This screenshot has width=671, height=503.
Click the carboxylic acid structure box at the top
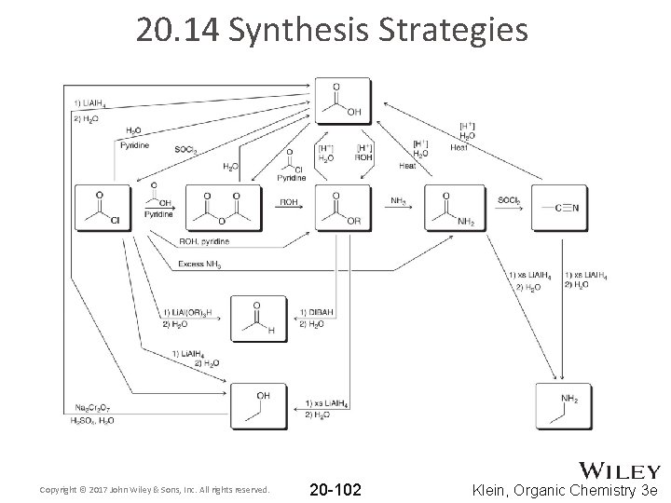click(343, 102)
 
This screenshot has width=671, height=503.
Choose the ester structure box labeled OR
click(343, 208)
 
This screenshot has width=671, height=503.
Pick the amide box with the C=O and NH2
click(455, 208)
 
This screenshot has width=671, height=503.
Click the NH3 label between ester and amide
click(398, 201)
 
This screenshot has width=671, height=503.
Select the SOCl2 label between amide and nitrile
click(509, 201)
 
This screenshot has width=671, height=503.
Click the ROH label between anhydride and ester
click(290, 201)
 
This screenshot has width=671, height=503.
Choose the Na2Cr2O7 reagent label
click(92, 408)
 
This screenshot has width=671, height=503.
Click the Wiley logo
click(620, 470)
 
